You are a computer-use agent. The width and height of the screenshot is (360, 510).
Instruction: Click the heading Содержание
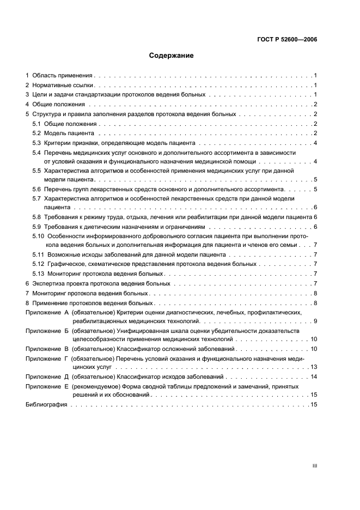click(171, 56)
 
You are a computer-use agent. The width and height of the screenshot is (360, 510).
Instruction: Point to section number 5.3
click(36, 143)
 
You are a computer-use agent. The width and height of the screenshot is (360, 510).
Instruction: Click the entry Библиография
click(46, 405)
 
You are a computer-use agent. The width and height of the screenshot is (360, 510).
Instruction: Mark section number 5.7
click(36, 199)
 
